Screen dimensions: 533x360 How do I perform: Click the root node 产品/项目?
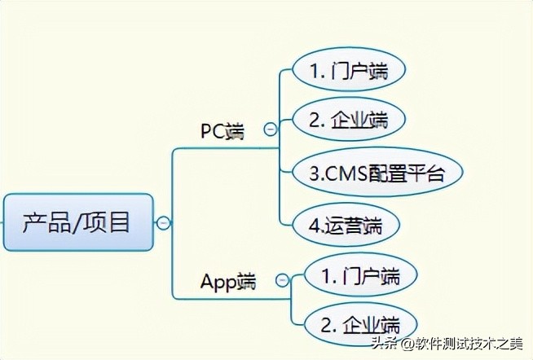pos(78,222)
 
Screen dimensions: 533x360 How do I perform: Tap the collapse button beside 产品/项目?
pos(163,223)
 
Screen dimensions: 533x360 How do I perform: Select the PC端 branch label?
pos(222,131)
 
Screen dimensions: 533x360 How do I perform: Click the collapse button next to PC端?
pos(271,129)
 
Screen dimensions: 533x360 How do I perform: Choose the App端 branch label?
pos(228,282)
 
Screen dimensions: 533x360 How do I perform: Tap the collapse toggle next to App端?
pos(282,280)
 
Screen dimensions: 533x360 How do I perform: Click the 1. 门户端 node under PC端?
pos(349,69)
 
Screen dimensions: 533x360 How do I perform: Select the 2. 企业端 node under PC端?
pos(349,120)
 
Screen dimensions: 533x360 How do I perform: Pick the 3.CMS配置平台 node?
pos(377,172)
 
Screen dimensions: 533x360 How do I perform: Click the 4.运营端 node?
pos(346,225)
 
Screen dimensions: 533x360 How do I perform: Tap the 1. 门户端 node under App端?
pos(361,275)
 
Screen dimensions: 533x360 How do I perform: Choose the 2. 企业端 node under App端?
pos(361,325)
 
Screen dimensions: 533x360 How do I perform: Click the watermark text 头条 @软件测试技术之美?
pos(447,344)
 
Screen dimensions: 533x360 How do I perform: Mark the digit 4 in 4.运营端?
pos(314,226)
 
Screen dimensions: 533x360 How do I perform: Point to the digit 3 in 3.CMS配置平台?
pos(315,173)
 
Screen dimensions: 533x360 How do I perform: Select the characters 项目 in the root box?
pos(108,222)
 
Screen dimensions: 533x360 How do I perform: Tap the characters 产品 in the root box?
pos(47,222)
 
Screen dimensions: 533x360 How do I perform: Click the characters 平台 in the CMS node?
pos(426,173)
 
